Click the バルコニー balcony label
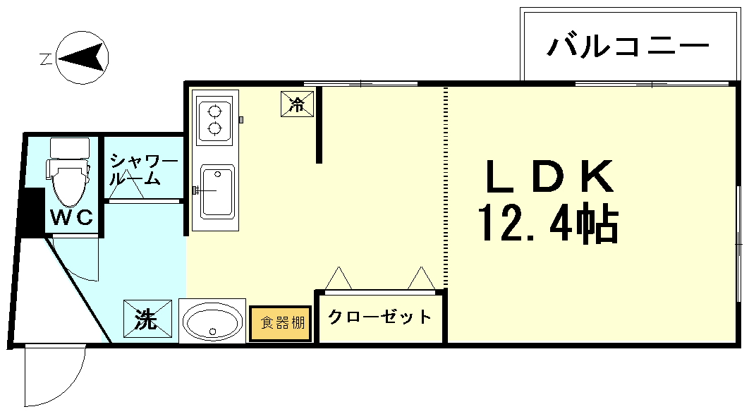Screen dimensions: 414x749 pyautogui.click(x=628, y=47)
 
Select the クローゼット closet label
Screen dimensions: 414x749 pyautogui.click(x=380, y=317)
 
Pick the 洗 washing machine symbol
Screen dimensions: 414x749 pyautogui.click(x=147, y=319)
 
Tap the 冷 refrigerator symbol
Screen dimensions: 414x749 pyautogui.click(x=297, y=104)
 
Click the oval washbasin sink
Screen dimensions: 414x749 pyautogui.click(x=212, y=322)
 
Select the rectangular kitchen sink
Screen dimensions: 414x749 pyautogui.click(x=217, y=192)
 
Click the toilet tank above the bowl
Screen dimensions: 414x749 pyautogui.click(x=70, y=147)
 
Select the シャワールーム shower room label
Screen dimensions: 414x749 pyautogui.click(x=142, y=169)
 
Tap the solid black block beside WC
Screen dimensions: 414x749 pyautogui.click(x=30, y=212)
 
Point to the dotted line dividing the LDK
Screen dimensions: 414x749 pyautogui.click(x=446, y=183)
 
